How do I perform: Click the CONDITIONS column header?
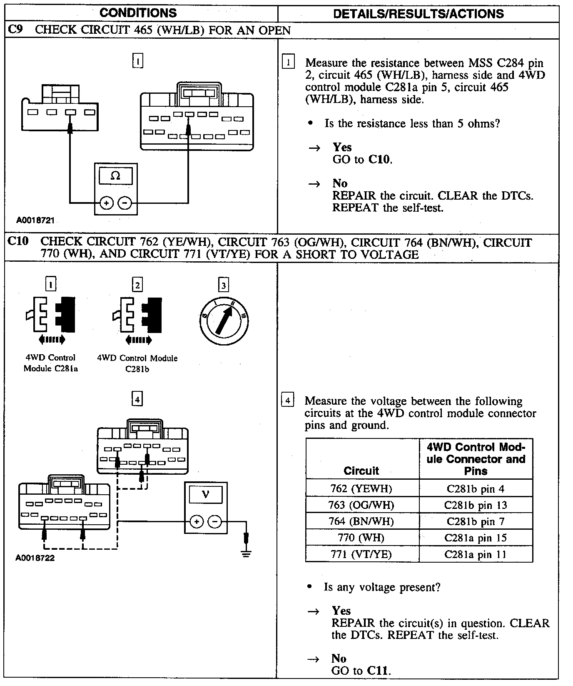[x=138, y=13]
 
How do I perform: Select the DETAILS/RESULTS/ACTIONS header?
[x=418, y=14]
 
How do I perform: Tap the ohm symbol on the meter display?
[x=116, y=176]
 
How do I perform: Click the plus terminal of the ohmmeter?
[x=107, y=203]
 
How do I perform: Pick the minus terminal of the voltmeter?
[x=215, y=521]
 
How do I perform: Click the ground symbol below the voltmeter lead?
[x=246, y=554]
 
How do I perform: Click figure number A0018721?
[x=35, y=220]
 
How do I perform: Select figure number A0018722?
[x=35, y=558]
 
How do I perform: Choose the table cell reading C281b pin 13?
[x=476, y=505]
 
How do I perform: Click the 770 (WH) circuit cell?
[x=361, y=538]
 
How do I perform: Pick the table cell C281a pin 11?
[x=476, y=554]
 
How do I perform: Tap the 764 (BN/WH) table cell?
[x=361, y=521]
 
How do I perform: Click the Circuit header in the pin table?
[x=361, y=471]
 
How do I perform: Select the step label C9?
[x=15, y=30]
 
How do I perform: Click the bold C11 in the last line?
[x=378, y=671]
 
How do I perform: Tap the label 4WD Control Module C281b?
[x=137, y=363]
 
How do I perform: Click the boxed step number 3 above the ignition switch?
[x=224, y=285]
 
